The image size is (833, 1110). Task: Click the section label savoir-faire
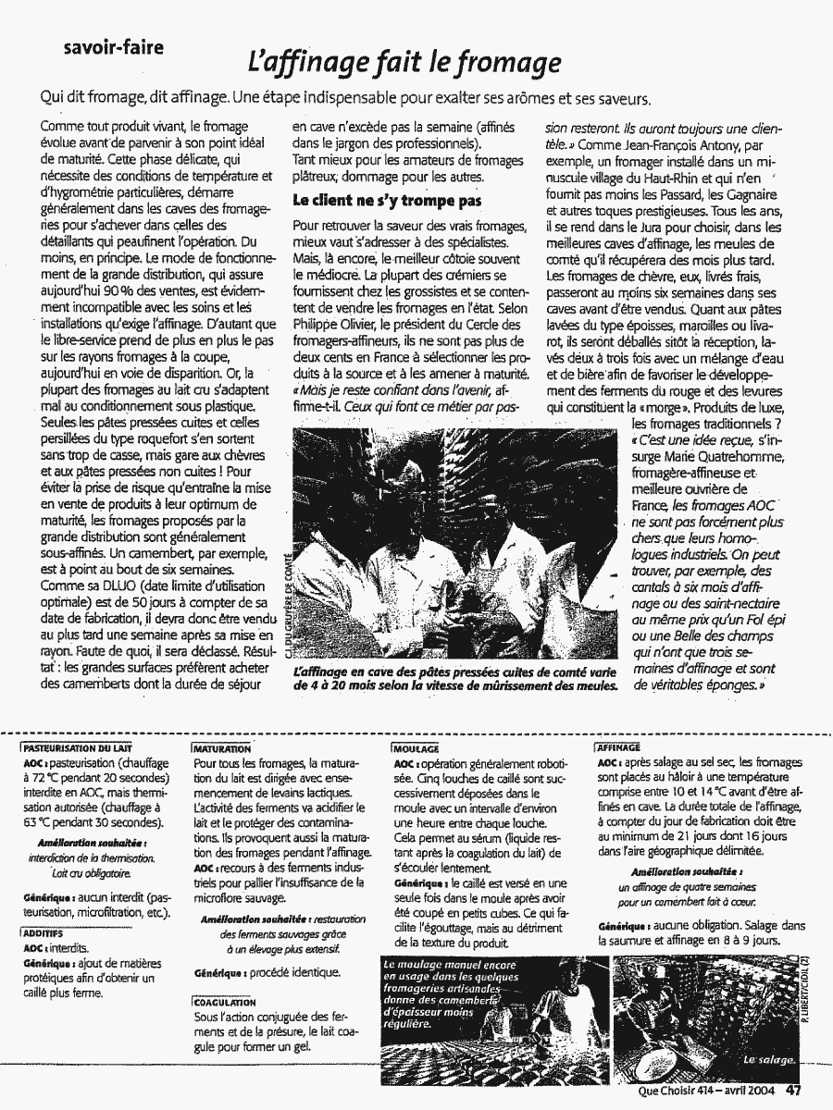115,48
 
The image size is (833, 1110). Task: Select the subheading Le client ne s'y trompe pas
388,199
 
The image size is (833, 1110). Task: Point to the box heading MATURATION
222,747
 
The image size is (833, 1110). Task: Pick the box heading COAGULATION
222,1002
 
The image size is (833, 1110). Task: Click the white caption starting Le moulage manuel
440,993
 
